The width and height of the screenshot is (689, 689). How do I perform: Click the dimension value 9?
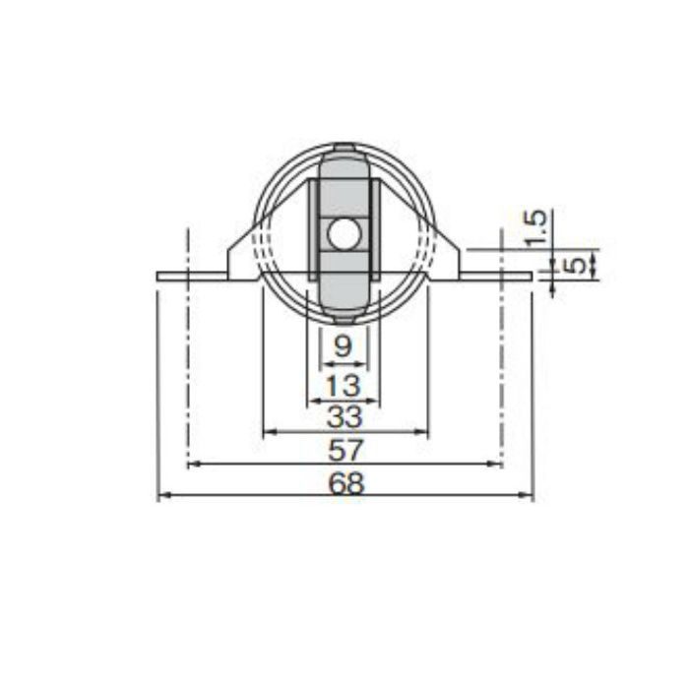(x=344, y=346)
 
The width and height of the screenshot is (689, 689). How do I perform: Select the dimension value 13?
(x=344, y=386)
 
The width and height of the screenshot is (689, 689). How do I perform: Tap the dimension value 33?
(x=344, y=416)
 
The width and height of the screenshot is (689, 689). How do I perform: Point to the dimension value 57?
(x=346, y=450)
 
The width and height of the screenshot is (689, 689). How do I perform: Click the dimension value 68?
(x=346, y=483)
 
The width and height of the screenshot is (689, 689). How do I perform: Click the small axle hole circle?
(x=344, y=234)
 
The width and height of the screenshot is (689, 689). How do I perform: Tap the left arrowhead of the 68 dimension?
(x=164, y=495)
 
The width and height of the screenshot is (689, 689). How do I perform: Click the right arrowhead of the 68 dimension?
(x=526, y=495)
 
